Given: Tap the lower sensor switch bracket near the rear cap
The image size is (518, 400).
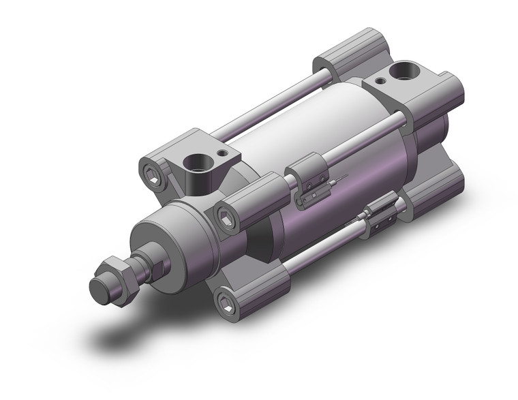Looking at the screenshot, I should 380,213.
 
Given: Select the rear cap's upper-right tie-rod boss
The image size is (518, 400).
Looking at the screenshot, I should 436,95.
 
